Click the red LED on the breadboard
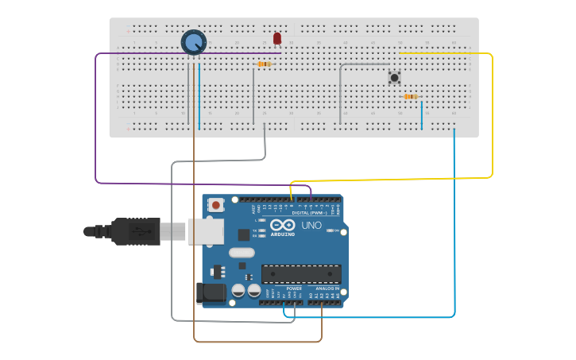coord(276,38)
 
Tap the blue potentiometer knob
coord(194,42)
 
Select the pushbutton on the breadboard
coord(394,77)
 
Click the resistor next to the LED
coord(264,64)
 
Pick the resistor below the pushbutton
coord(410,97)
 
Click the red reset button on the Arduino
coord(216,205)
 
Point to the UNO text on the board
coord(311,226)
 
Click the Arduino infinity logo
coord(282,226)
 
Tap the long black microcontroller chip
coord(301,274)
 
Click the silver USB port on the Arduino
coord(205,231)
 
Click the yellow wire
coord(492,119)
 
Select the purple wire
coord(96,119)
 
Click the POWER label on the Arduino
coord(283,288)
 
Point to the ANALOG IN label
coord(327,288)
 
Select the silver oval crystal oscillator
coord(241,253)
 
